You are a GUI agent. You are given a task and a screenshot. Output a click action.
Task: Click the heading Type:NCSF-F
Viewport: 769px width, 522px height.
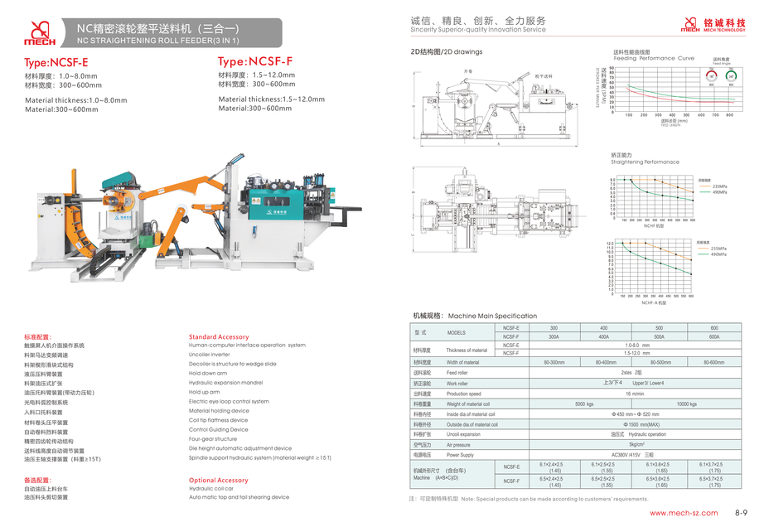(x=255, y=62)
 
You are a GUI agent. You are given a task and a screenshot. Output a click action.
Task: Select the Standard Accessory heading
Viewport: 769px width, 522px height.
(x=219, y=337)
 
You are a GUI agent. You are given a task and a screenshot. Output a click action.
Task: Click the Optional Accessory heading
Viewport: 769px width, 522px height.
(x=219, y=480)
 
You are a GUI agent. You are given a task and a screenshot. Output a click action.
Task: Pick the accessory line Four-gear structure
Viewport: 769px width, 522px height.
(x=213, y=439)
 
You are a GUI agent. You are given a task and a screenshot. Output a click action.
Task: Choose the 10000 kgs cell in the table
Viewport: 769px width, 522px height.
(x=686, y=404)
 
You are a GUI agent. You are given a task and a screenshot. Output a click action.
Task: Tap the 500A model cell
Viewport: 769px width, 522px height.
(x=658, y=337)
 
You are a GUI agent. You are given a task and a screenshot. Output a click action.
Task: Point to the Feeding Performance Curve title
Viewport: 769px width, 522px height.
(x=654, y=58)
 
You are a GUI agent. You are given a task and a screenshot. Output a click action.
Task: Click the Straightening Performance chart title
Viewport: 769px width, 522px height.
(x=645, y=162)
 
